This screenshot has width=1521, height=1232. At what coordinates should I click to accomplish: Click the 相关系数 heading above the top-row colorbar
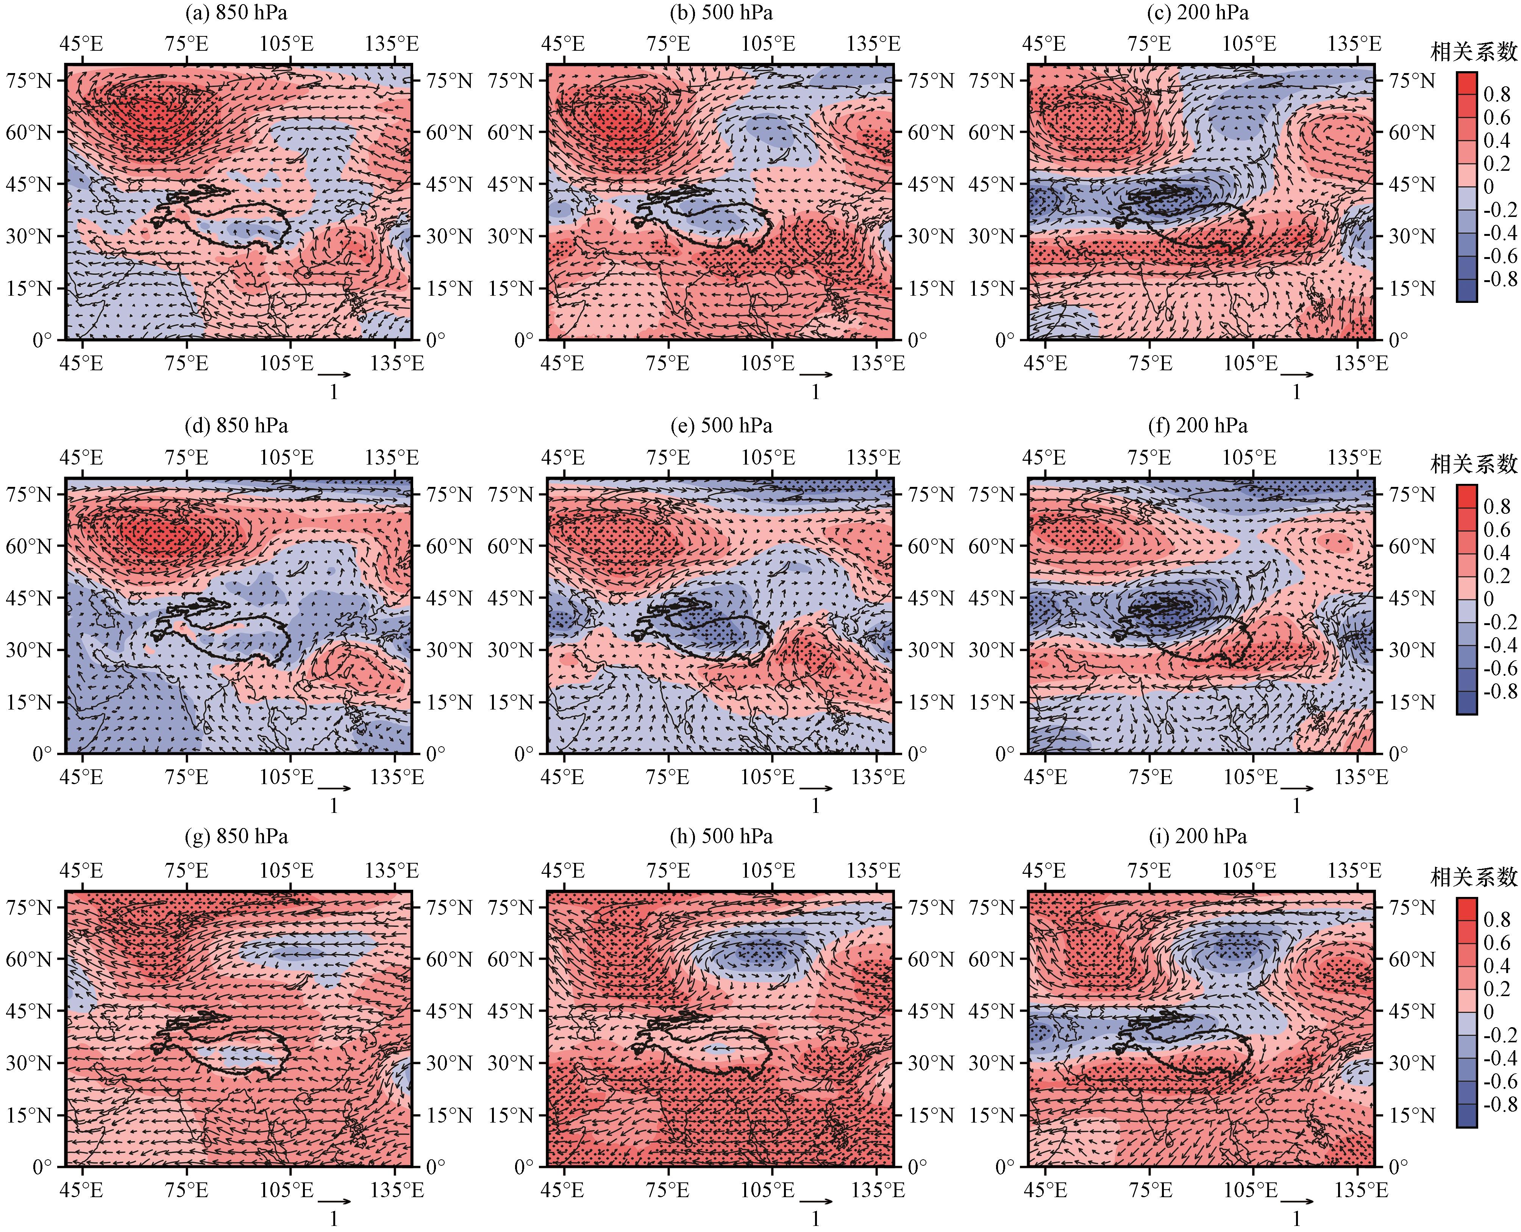(1473, 52)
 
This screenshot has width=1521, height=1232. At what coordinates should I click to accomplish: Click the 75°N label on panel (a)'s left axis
(29, 80)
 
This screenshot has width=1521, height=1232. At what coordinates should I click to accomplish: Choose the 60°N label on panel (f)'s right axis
(1412, 546)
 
